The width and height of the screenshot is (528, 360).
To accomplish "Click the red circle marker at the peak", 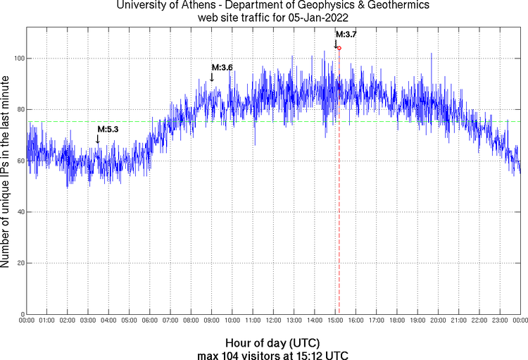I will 339,48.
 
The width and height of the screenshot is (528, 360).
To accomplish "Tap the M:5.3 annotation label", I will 108,129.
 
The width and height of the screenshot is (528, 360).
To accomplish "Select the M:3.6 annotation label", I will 222,67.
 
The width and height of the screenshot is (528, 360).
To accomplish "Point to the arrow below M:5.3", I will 98,139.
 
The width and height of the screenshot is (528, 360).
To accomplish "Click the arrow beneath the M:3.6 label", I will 212,77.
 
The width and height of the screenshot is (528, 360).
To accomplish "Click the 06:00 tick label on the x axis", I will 150,321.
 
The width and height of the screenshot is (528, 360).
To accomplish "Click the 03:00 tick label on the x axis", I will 88,321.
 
